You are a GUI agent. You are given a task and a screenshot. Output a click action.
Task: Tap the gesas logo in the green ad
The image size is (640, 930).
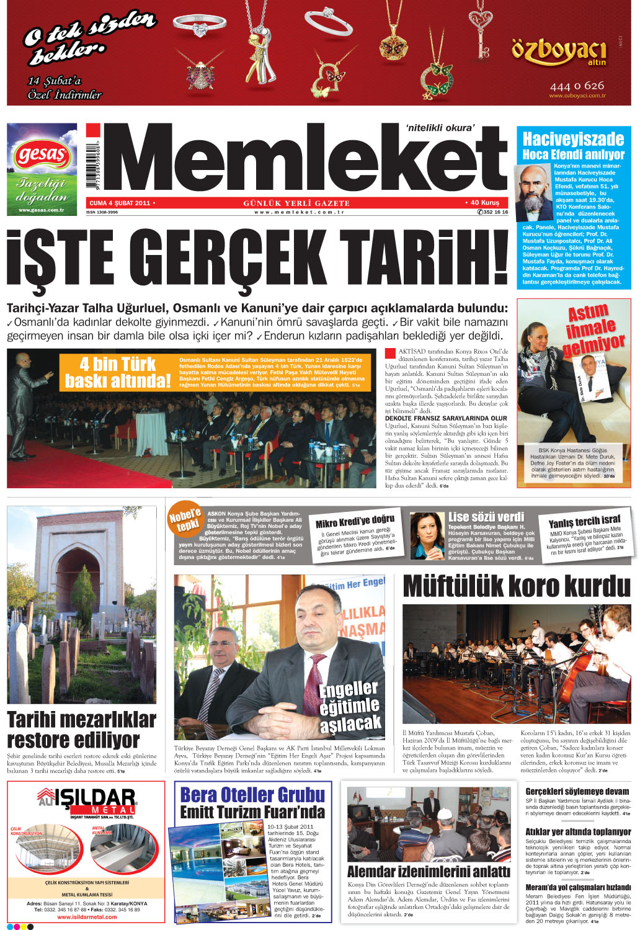[x=42, y=154]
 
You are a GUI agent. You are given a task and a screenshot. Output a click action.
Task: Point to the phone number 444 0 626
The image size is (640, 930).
[x=576, y=86]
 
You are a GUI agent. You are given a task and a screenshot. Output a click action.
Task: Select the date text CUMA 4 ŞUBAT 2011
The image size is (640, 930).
[x=120, y=203]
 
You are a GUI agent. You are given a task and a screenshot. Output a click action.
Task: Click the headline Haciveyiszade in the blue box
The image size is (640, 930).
[x=573, y=139]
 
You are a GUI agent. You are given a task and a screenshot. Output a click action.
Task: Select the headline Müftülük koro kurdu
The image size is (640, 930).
[x=516, y=586]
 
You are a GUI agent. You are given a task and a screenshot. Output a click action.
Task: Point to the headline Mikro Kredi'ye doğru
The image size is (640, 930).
[x=355, y=521]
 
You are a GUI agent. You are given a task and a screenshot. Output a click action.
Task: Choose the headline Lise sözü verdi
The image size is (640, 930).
[x=486, y=517]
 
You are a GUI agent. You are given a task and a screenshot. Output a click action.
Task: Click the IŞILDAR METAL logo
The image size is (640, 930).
[x=86, y=801]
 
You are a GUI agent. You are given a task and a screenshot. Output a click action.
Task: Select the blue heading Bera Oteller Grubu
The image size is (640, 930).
[x=252, y=795]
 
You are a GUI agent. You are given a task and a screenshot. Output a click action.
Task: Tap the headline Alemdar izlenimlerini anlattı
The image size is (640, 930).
[x=428, y=872]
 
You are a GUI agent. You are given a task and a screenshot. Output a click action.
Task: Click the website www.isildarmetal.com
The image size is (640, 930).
[x=87, y=917]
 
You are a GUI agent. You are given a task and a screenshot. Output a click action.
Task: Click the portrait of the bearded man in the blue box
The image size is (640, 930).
[x=535, y=192]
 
